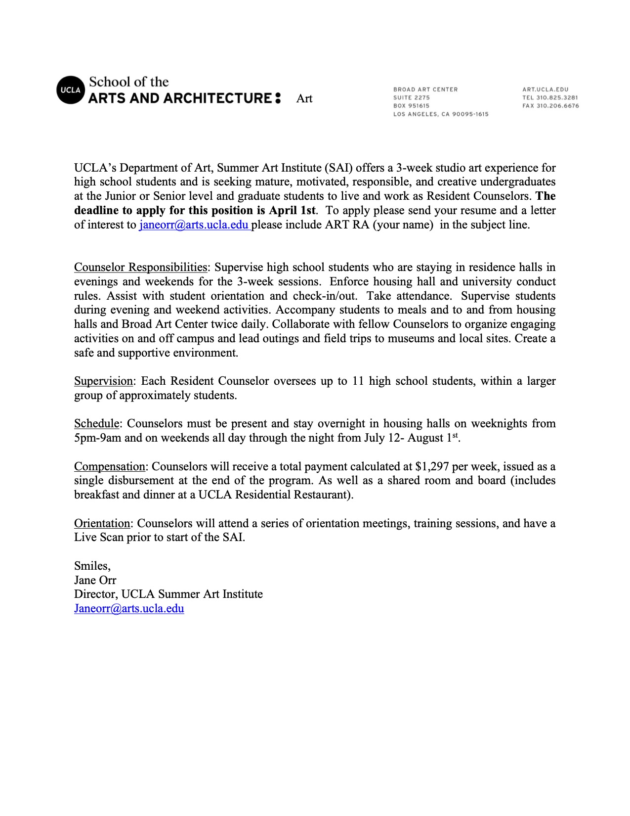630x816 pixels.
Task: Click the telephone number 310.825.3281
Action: coord(557,97)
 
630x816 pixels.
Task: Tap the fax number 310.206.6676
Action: coord(557,106)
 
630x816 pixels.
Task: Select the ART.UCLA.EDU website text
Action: coord(545,90)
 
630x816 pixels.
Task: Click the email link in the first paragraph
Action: coord(194,225)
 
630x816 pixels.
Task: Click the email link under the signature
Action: coord(129,608)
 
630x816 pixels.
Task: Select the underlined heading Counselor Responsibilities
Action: coord(140,268)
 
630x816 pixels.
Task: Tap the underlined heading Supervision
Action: coord(103,381)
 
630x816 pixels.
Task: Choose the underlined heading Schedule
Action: coord(97,424)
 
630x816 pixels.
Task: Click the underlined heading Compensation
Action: coord(110,467)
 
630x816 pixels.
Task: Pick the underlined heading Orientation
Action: coord(102,524)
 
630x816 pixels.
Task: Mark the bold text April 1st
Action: coord(292,211)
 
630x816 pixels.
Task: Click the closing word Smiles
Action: coord(92,566)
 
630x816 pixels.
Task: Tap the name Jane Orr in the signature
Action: coord(95,580)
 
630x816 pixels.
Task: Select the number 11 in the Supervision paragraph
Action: coord(358,381)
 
